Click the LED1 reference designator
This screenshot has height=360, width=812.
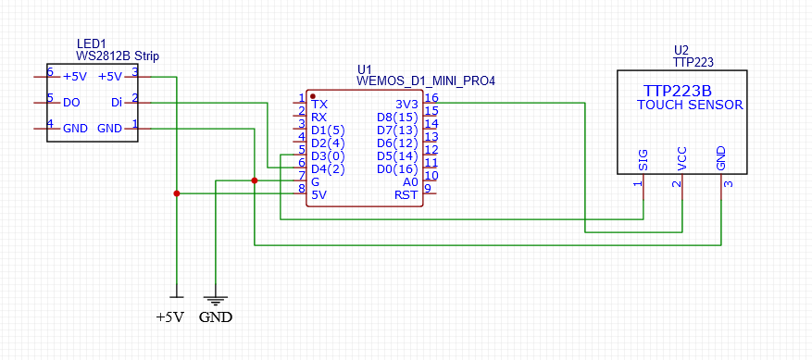point(92,43)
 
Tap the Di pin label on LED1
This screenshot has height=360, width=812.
point(116,102)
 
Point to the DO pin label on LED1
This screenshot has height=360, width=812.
point(71,102)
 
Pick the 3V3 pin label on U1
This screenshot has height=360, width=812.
point(407,104)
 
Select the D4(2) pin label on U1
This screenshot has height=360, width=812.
point(328,168)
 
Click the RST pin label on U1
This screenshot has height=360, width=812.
point(406,194)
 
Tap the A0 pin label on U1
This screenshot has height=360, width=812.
point(410,181)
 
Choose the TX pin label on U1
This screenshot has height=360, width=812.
point(319,104)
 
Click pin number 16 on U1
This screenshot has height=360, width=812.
point(431,97)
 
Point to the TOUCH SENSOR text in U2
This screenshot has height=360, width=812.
point(690,106)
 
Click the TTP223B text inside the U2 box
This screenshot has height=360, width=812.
point(677,91)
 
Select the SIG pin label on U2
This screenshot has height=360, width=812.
point(642,159)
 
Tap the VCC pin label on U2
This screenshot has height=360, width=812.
point(682,158)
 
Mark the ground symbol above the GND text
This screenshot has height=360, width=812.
point(215,300)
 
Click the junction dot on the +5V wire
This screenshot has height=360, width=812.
point(176,193)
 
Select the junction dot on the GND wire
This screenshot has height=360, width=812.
point(255,180)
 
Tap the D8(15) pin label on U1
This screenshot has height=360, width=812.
point(396,117)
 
